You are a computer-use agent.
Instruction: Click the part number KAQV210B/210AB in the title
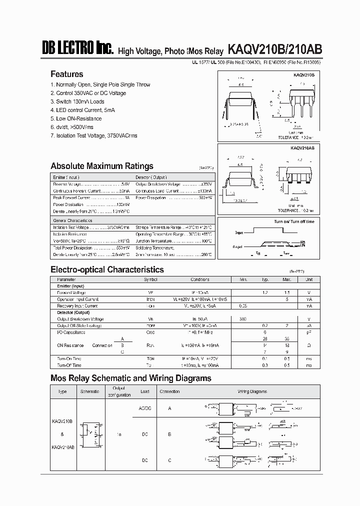(274, 49)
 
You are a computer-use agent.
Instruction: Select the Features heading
(67, 74)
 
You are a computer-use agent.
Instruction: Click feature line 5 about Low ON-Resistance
(76, 118)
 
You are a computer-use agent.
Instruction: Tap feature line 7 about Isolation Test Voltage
(93, 135)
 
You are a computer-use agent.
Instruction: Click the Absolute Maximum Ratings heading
(102, 166)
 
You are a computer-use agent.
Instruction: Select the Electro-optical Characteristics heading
(107, 269)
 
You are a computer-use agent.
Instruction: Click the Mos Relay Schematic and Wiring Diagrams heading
(131, 378)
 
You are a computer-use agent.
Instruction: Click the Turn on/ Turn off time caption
(294, 221)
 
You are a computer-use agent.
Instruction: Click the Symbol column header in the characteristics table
(150, 279)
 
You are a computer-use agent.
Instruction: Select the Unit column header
(309, 279)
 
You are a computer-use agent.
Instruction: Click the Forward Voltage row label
(71, 292)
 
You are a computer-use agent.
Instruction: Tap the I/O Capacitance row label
(71, 332)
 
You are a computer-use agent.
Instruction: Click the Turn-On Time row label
(69, 358)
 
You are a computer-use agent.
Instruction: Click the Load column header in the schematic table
(145, 391)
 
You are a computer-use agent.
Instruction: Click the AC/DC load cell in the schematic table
(145, 408)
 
